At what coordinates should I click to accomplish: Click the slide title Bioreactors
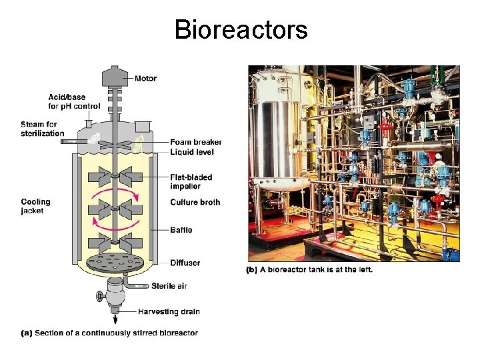tap(241, 30)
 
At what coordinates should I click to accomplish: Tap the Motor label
tap(145, 79)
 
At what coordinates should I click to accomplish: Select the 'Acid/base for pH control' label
tap(74, 101)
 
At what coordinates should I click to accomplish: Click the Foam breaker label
tap(195, 142)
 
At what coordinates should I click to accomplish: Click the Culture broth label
tap(195, 202)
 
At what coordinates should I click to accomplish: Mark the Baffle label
tap(181, 230)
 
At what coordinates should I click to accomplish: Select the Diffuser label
tap(185, 263)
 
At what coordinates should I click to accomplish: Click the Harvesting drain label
tap(169, 311)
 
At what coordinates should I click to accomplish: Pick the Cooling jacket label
tap(35, 206)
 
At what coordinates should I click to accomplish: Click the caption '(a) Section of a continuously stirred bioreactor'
tap(109, 333)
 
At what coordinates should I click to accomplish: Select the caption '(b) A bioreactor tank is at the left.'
tap(309, 270)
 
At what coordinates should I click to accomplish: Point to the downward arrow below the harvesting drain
tap(115, 321)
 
